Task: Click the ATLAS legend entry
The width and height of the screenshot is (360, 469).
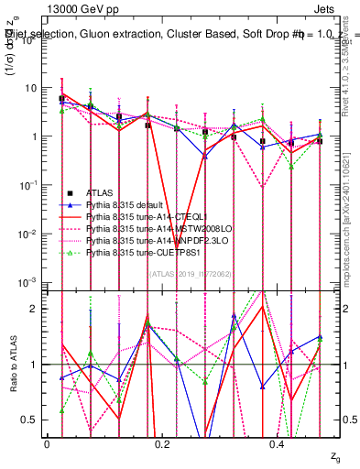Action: click(x=100, y=192)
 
